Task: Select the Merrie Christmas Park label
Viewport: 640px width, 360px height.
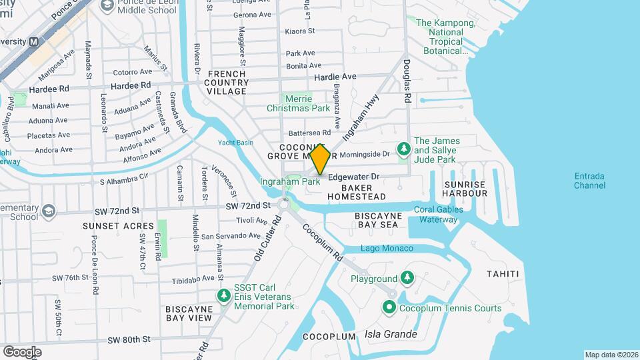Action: pos(298,103)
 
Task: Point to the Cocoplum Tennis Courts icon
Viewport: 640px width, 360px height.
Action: pos(389,307)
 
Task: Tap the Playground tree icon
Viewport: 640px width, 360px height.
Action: pos(407,278)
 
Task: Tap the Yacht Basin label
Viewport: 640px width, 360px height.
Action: pos(235,143)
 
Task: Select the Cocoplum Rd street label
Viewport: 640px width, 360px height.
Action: pos(321,242)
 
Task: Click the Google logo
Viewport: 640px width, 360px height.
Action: pos(22,351)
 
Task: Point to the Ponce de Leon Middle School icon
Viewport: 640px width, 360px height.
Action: pos(107,6)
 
